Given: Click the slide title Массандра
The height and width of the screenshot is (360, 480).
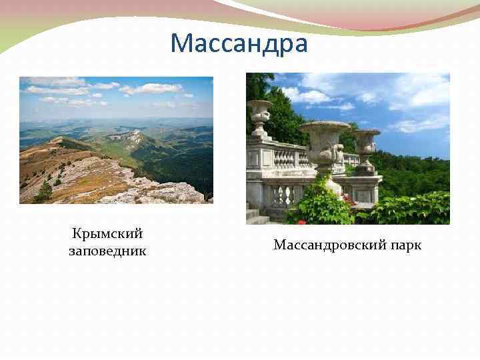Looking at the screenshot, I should (239, 44).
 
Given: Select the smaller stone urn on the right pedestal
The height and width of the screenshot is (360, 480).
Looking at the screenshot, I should (365, 143).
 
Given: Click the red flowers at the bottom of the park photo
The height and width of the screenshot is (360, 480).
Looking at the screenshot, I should (301, 221).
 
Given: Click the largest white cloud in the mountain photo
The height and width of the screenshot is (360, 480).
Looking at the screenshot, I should (150, 88).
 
